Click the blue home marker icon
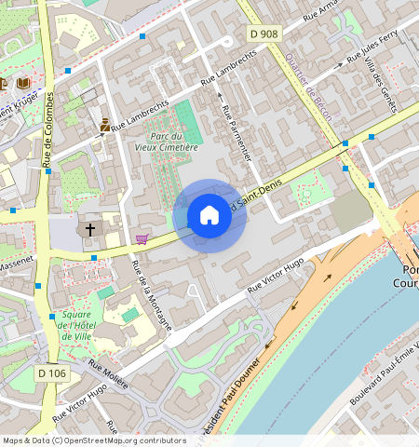coord(209,216)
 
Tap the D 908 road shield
coord(264,34)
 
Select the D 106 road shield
coord(53,373)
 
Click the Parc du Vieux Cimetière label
coord(167,141)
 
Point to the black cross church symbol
coord(90,228)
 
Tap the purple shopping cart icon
coord(142,239)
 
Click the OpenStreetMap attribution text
coord(94,440)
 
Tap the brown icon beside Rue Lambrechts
coord(104,123)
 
